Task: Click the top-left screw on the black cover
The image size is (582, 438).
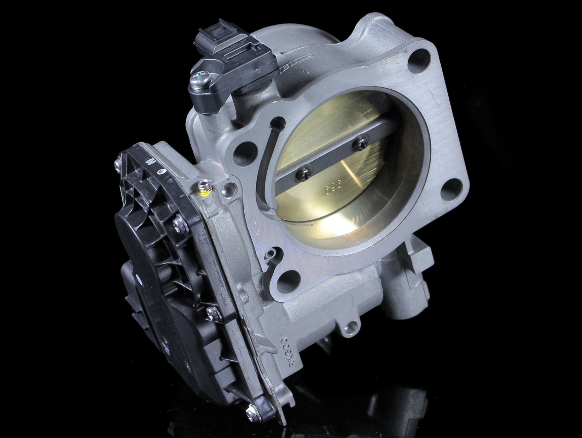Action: (117, 163)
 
